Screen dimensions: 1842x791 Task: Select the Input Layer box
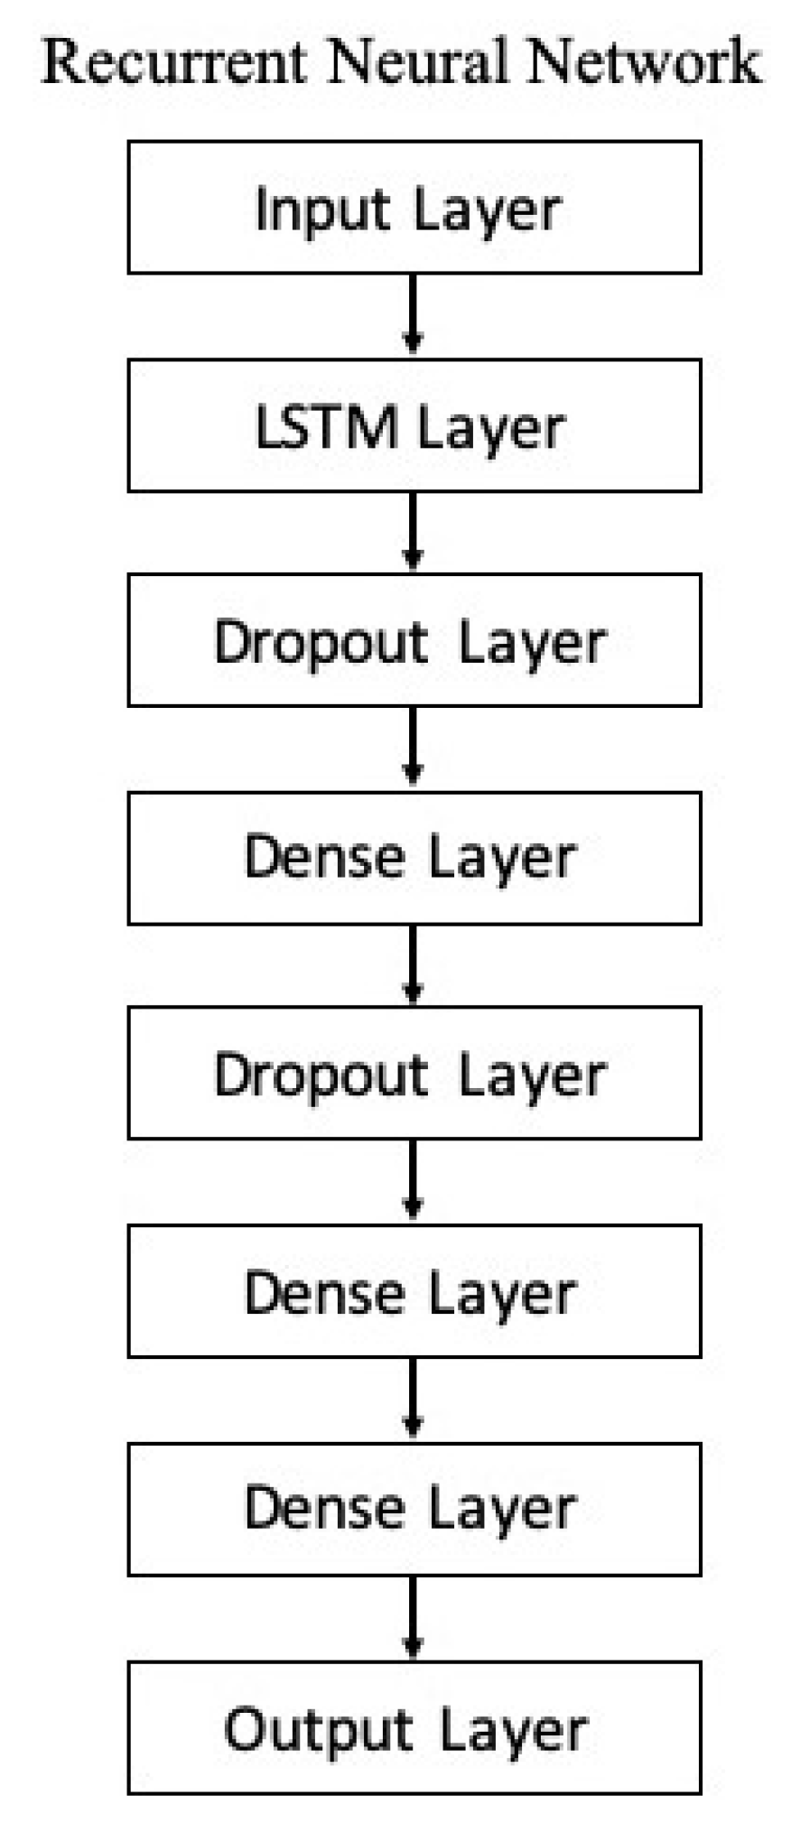point(414,207)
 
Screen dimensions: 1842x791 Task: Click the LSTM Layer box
point(414,425)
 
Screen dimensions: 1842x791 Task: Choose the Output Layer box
point(414,1726)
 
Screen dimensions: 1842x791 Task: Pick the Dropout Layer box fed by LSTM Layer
point(414,639)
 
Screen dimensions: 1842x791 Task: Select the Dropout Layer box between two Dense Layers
point(414,1072)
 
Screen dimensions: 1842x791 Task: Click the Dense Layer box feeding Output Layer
point(414,1509)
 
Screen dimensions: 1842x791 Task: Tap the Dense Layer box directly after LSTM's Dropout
point(414,858)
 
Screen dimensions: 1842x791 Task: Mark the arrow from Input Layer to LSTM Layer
point(413,315)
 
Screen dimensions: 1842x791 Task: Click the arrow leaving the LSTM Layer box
point(413,532)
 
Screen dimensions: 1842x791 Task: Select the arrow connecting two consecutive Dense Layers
point(413,1400)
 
